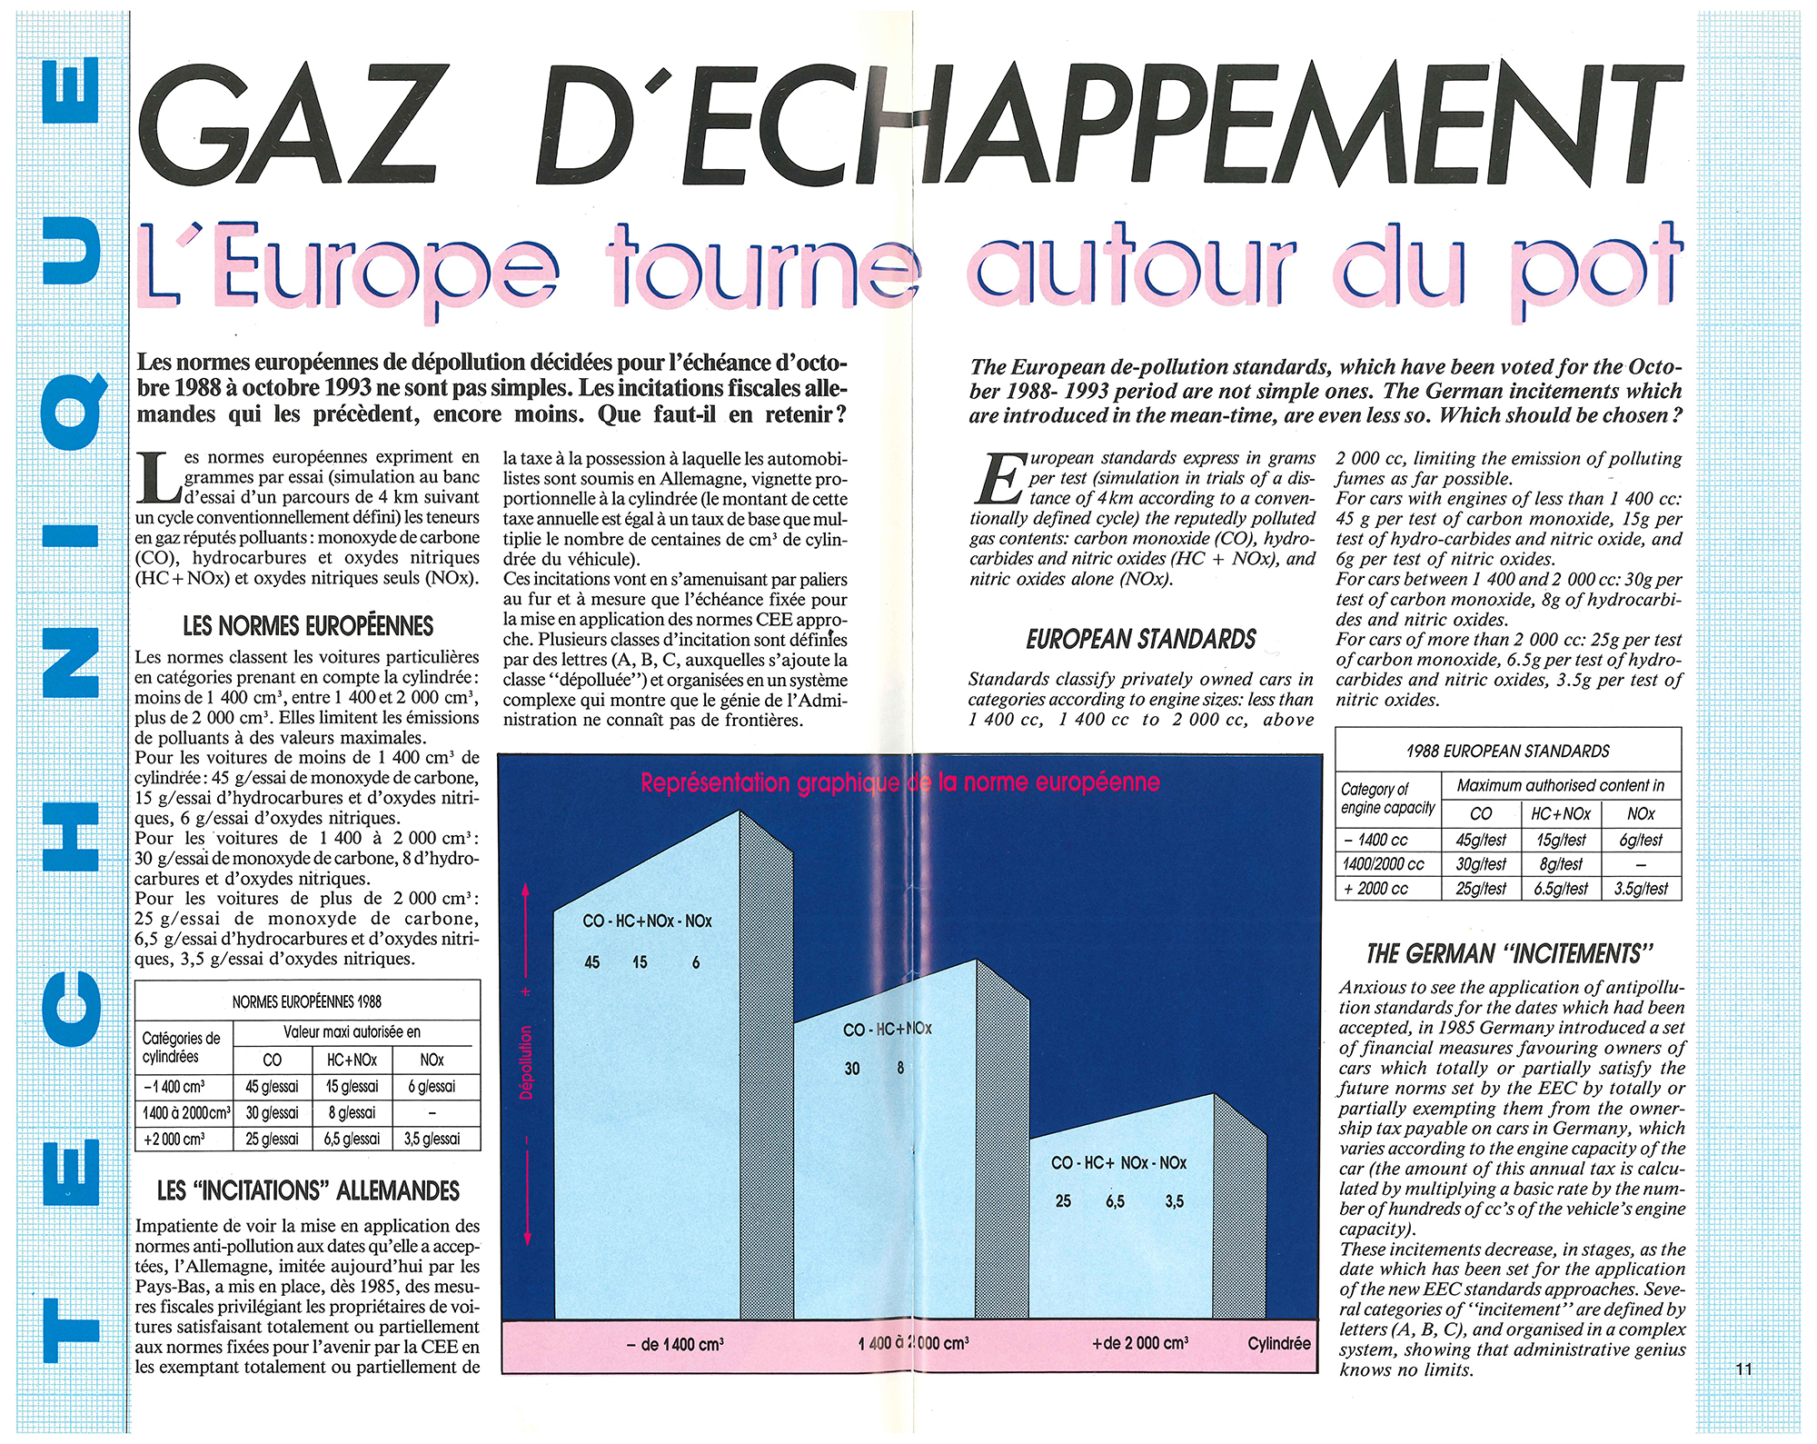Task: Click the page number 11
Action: [1743, 1369]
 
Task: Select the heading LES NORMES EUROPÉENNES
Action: [308, 626]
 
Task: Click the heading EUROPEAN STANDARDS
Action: [1141, 640]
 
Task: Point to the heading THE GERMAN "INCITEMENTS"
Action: [1509, 953]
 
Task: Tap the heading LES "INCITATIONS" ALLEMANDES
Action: [308, 1190]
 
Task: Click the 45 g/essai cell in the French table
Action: [272, 1087]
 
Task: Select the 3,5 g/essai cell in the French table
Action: [432, 1139]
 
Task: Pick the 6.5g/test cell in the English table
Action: [1561, 889]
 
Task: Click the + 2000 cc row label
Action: [1383, 889]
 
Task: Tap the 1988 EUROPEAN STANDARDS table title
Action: [1507, 752]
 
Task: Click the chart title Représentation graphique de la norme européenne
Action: [899, 782]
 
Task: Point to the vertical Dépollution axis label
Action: [526, 1061]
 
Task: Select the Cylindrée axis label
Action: [1278, 1343]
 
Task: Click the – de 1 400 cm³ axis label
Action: [675, 1344]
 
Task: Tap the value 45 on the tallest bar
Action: [591, 962]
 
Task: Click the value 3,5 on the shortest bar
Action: [1174, 1201]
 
